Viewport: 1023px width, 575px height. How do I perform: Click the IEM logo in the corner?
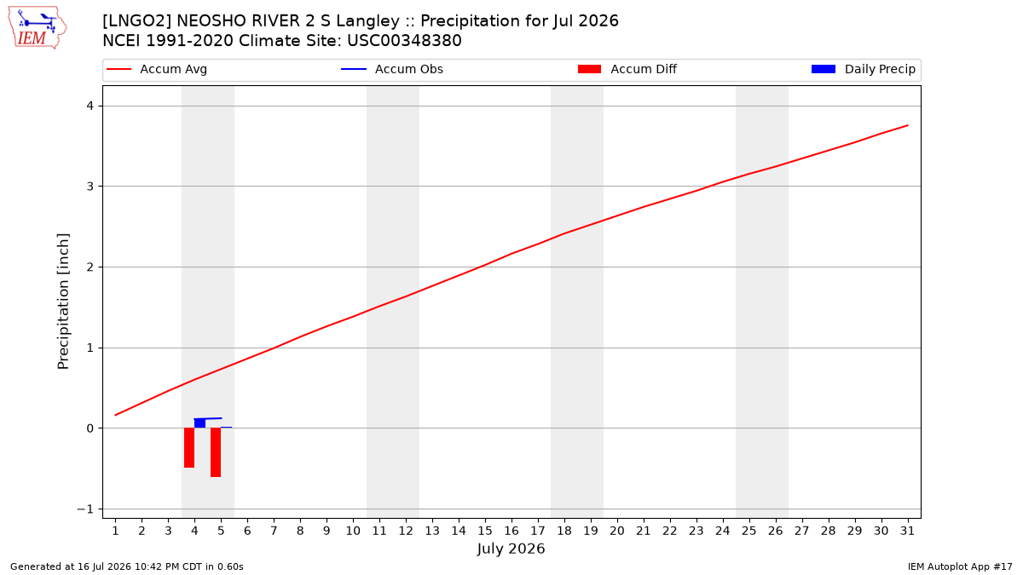37,28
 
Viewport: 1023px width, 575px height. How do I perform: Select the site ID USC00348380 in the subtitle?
404,41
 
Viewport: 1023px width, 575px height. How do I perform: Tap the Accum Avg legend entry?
157,69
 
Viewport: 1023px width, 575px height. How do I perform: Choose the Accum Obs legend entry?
392,69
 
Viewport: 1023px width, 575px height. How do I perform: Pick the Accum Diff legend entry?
627,69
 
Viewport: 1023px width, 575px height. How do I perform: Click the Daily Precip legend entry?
863,69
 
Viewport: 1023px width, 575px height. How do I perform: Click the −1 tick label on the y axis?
85,509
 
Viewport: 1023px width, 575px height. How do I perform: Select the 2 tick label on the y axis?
90,267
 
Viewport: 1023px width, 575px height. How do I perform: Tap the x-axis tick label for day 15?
485,531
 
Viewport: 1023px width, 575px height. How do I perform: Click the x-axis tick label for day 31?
907,531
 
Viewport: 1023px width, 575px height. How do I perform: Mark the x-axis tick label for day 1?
115,531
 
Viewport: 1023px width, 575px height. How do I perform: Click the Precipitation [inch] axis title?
63,302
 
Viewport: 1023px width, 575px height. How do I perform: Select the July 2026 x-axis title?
511,549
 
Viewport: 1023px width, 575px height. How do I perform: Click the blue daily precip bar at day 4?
199,423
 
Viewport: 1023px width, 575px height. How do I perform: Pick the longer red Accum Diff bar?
216,452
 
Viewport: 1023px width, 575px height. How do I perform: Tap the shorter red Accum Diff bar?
189,448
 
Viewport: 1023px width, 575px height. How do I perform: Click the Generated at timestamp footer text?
126,566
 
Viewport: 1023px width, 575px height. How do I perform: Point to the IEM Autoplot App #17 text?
960,566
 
